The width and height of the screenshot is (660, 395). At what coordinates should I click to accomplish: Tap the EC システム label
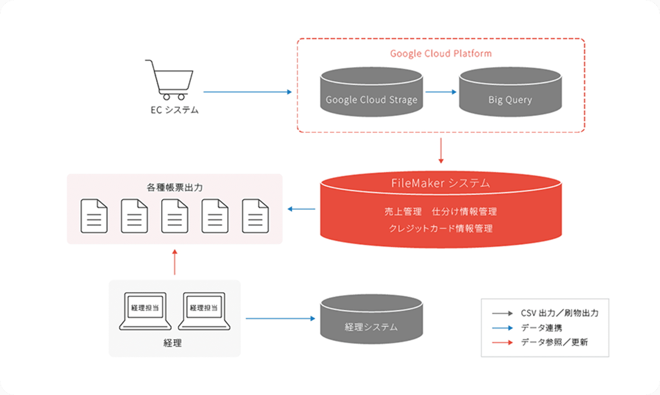click(175, 110)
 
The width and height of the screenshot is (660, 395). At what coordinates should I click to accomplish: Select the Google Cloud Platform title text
click(441, 53)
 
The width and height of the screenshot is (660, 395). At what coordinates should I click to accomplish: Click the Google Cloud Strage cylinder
click(371, 92)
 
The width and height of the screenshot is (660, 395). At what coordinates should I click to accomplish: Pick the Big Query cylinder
click(510, 92)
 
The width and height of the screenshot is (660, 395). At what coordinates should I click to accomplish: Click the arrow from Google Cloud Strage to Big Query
click(441, 92)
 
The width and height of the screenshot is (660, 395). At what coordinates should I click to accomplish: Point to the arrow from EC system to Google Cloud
click(247, 92)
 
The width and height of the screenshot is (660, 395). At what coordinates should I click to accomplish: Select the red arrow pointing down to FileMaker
click(441, 150)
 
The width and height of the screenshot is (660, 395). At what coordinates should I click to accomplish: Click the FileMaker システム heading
click(440, 183)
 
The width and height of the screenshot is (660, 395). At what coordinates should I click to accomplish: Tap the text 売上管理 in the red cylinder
click(403, 211)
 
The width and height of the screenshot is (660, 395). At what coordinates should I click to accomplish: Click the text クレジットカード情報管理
click(440, 229)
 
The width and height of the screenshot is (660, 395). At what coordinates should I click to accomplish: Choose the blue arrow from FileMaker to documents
click(301, 209)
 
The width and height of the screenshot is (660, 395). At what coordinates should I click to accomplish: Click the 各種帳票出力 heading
click(175, 188)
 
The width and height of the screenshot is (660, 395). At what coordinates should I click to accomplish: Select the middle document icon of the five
click(175, 216)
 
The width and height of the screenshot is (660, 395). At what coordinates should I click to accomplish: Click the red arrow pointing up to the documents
click(175, 262)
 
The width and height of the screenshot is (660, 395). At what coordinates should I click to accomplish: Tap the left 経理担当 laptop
click(145, 311)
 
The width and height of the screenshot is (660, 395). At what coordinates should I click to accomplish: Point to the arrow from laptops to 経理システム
click(280, 318)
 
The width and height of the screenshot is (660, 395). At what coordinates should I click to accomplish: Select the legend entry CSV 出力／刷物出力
click(560, 313)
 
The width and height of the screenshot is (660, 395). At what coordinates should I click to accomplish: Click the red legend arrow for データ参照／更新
click(502, 342)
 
